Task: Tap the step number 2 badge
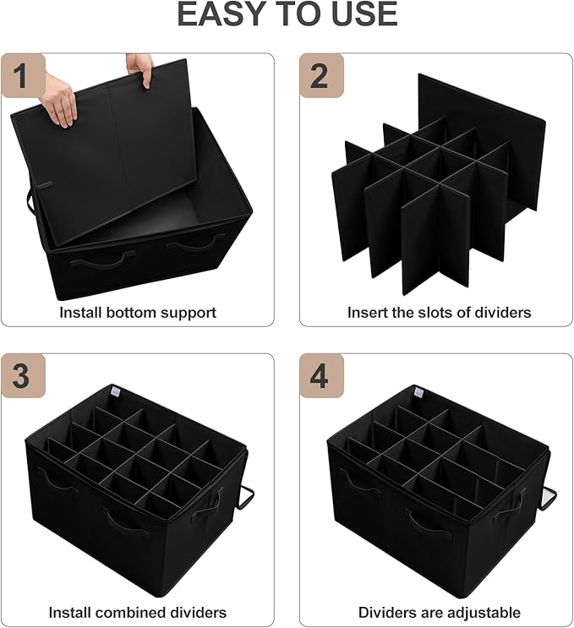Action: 320,77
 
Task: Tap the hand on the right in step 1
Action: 139,68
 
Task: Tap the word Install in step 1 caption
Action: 80,313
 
